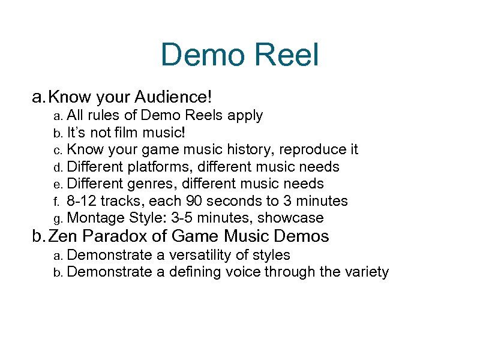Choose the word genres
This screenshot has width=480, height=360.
point(151,184)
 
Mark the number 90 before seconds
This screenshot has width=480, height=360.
point(190,201)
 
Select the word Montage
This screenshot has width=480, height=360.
point(97,218)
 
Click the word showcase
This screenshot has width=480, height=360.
point(290,218)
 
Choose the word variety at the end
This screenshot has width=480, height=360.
point(366,272)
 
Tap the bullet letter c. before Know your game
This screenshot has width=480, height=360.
point(58,149)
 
